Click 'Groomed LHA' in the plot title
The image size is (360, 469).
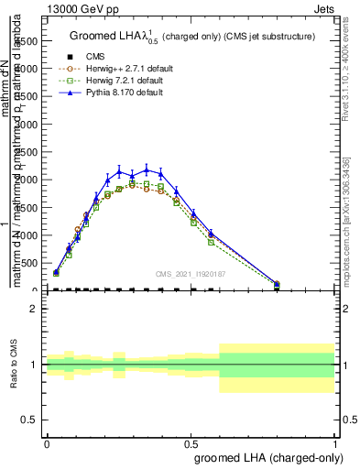[101, 37]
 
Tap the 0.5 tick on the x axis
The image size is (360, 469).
[191, 442]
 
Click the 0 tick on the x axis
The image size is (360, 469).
[47, 442]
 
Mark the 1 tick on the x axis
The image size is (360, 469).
[334, 442]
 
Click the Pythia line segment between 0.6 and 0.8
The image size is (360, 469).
[244, 258]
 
